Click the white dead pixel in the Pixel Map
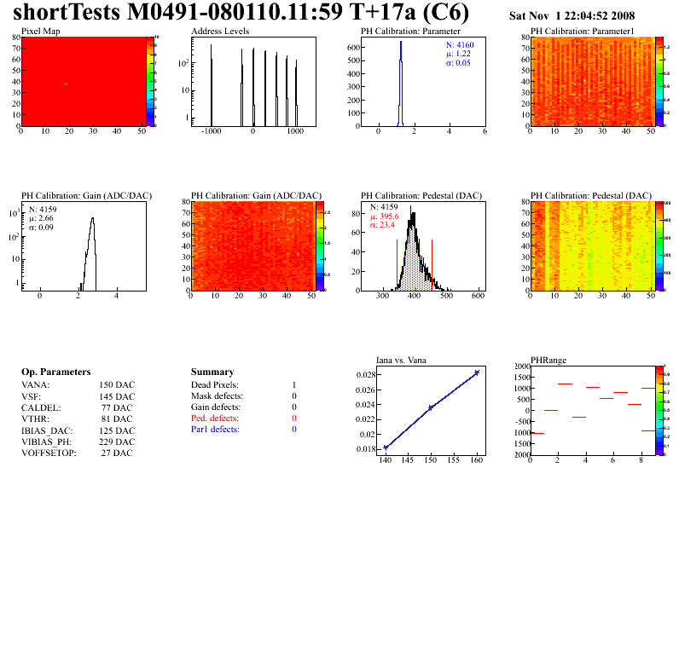tap(66, 84)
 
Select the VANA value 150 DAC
tap(116, 385)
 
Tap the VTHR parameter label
tap(36, 418)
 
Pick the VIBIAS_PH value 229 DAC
tap(116, 442)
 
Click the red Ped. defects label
tap(215, 418)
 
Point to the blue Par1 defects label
tap(215, 430)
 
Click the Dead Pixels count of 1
tap(293, 385)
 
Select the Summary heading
tap(212, 372)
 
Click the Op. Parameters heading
tap(55, 372)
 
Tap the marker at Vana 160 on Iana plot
tap(476, 372)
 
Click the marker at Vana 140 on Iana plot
tap(386, 447)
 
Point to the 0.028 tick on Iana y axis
tap(367, 375)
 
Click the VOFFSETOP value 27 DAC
tap(118, 453)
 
